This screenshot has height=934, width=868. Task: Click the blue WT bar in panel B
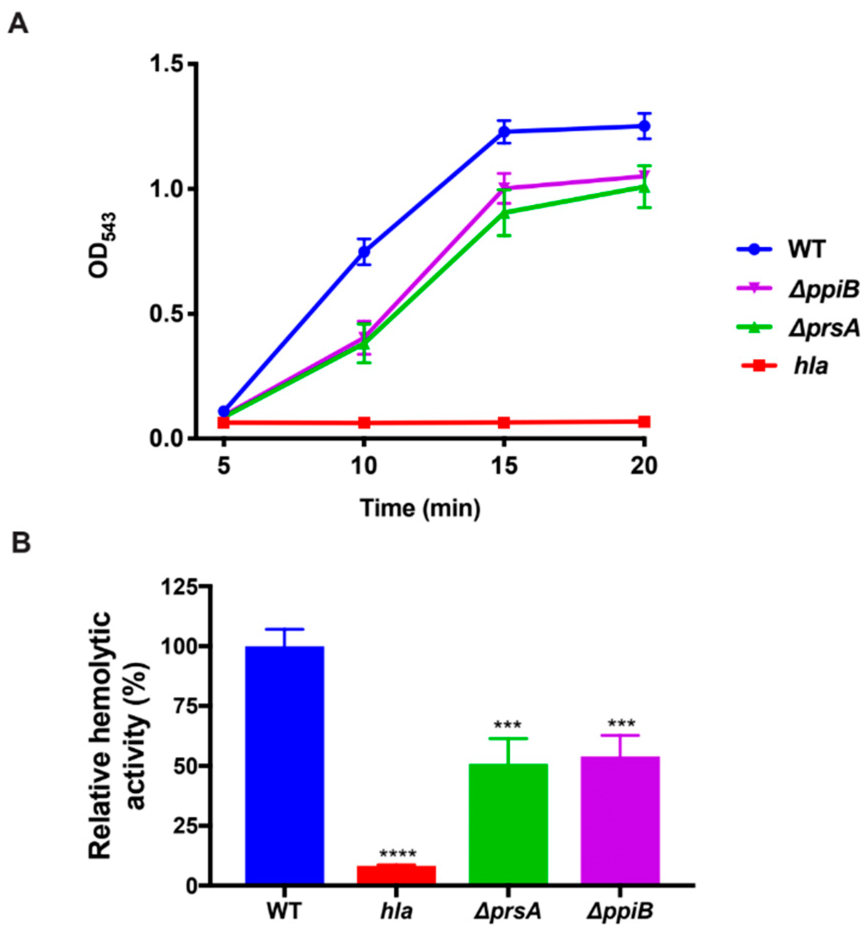pyautogui.click(x=284, y=767)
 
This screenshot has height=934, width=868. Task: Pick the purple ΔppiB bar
pyautogui.click(x=620, y=822)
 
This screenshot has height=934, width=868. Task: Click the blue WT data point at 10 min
pyautogui.click(x=364, y=251)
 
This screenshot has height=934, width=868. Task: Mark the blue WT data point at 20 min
pyautogui.click(x=645, y=126)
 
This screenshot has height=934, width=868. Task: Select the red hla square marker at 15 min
pyautogui.click(x=504, y=422)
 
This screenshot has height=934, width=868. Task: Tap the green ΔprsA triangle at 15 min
pyautogui.click(x=504, y=212)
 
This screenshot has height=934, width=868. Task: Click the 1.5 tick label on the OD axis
pyautogui.click(x=167, y=64)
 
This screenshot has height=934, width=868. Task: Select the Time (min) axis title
pyautogui.click(x=420, y=508)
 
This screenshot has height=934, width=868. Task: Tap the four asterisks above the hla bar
pyautogui.click(x=397, y=854)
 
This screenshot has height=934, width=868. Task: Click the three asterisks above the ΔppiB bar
pyautogui.click(x=621, y=724)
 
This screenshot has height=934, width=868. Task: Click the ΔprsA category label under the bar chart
pyautogui.click(x=508, y=911)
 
